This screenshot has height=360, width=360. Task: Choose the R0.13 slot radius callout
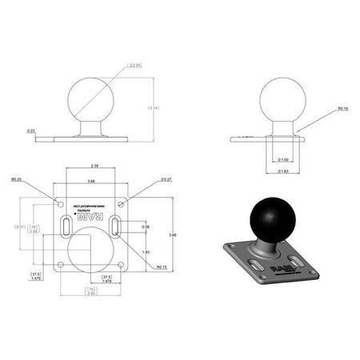click(161, 267)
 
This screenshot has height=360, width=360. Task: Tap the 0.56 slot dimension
click(146, 227)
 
